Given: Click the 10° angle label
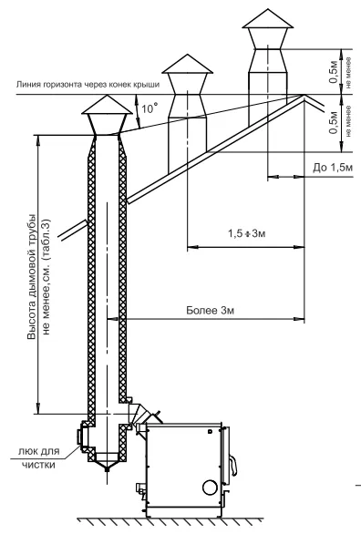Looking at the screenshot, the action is [150, 108].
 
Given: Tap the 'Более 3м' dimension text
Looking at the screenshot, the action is [211, 310].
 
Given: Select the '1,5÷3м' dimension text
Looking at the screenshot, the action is [246, 233].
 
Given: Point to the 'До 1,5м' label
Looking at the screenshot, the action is [333, 167].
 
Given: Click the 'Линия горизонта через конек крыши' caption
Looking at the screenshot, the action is [88, 84].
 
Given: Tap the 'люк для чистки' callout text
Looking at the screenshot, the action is [38, 458].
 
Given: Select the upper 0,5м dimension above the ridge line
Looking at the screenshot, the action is [334, 71].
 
